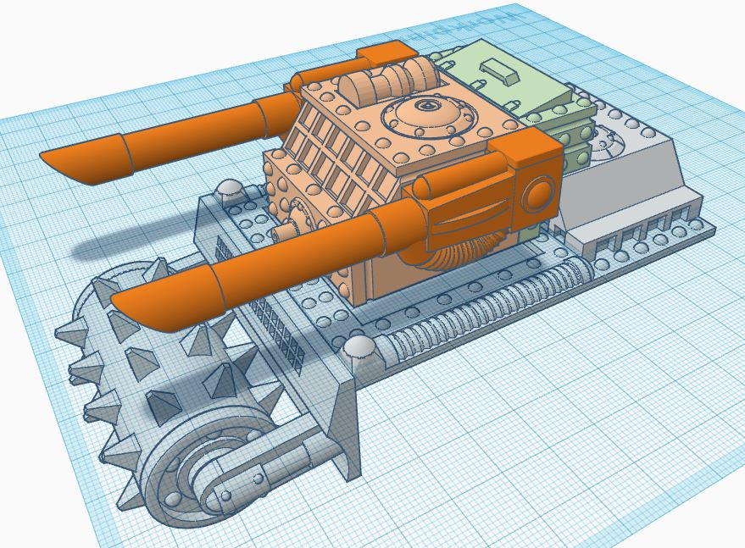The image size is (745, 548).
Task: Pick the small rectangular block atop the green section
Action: point(499,72)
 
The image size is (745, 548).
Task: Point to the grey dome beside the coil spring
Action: point(359,347)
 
